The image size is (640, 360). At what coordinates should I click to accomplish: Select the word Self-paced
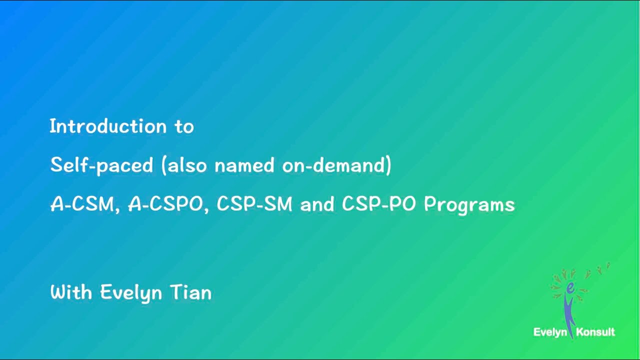pos(101,165)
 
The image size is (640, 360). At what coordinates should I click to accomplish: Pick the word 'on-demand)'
pos(336,165)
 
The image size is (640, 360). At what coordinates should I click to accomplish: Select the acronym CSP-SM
pos(254,204)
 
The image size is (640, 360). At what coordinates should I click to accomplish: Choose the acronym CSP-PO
pos(379,204)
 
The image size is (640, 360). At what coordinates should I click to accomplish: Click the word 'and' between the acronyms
pos(317,204)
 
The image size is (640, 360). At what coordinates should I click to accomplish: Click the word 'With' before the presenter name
pos(71,292)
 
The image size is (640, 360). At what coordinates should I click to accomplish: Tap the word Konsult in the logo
pos(595,332)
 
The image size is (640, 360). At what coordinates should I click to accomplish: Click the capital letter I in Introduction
pos(52,126)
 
